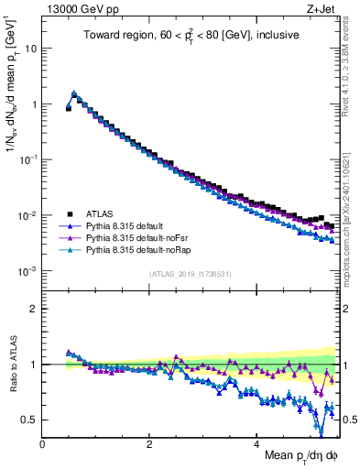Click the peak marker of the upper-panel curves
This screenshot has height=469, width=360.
[74, 93]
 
